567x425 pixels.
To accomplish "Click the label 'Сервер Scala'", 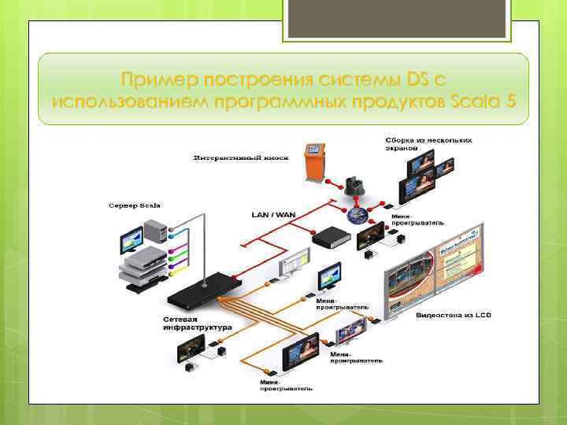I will (134, 205).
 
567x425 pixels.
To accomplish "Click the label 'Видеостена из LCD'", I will (453, 315).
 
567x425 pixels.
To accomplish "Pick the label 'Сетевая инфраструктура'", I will (198, 323).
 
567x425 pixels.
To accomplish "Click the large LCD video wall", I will (432, 272).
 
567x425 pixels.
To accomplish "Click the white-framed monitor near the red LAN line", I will (294, 261).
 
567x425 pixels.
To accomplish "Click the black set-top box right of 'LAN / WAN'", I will (330, 237).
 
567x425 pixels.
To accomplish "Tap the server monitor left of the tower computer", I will (129, 239).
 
